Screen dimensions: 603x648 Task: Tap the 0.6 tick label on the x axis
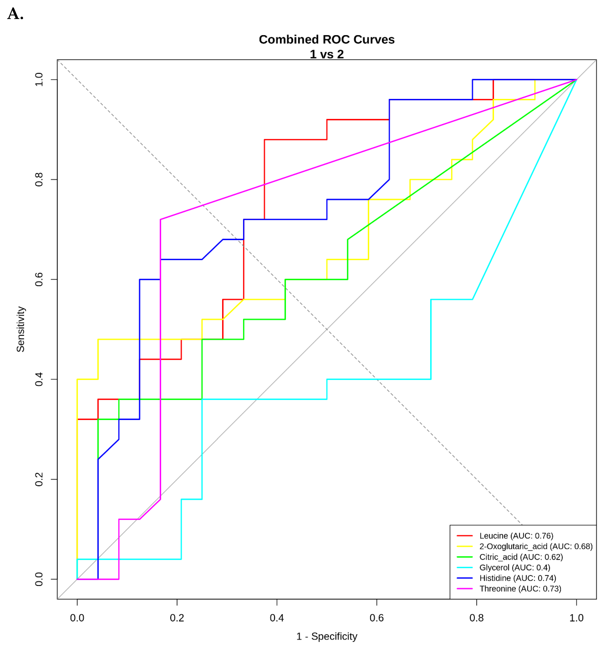[x=376, y=618]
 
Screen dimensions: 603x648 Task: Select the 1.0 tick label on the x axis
[x=576, y=618]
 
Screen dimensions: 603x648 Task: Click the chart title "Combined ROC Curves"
[x=327, y=39]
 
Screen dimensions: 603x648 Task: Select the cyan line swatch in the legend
[x=465, y=568]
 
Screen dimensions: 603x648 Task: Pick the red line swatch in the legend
[x=465, y=536]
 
